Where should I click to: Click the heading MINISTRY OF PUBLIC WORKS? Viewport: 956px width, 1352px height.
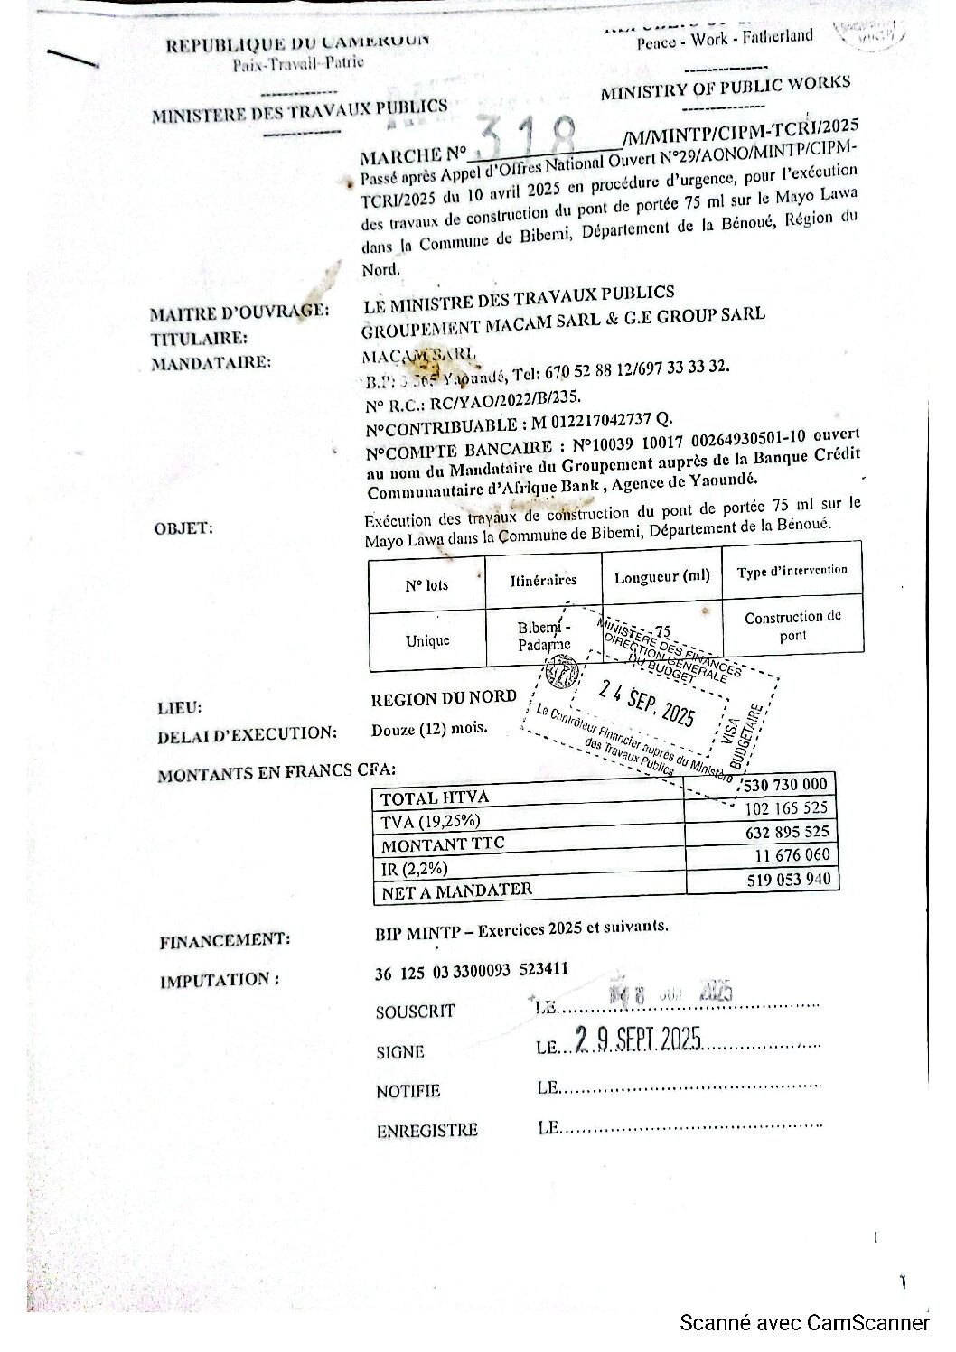point(725,89)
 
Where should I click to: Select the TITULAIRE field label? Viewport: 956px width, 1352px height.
point(199,339)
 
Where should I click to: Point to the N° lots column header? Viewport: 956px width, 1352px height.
point(426,584)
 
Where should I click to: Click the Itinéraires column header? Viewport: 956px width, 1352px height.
point(543,580)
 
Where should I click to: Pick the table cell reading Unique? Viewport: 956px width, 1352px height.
point(427,640)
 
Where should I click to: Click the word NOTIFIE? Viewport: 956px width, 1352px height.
point(408,1091)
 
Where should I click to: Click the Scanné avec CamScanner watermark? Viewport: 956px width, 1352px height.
point(805,1323)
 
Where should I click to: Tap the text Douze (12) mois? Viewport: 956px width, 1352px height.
point(429,729)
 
